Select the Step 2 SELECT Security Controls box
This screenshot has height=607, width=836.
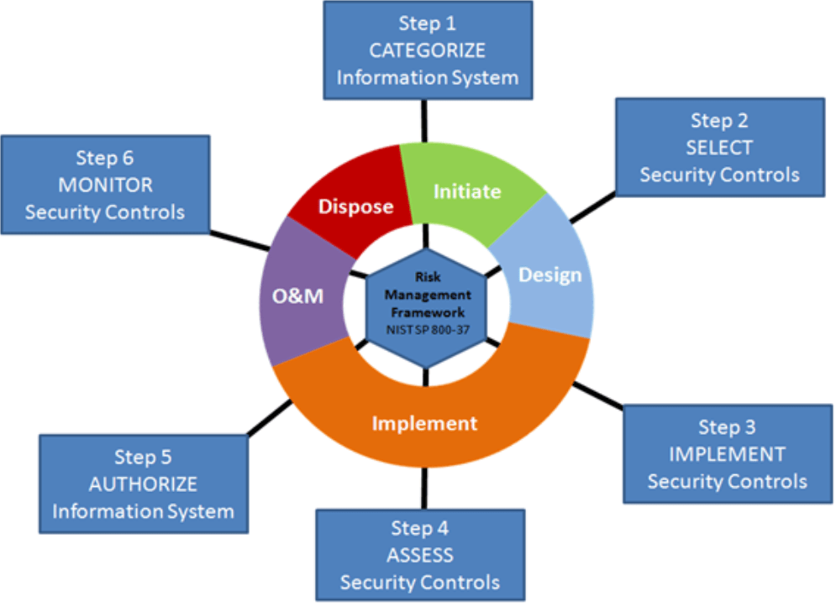coord(719,148)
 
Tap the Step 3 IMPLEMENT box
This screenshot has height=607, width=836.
coord(727,453)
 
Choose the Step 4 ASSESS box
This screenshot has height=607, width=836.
coord(420,555)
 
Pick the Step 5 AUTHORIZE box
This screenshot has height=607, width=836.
coord(144,484)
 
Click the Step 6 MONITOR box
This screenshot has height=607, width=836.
coord(105,185)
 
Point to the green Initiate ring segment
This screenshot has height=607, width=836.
coord(466,191)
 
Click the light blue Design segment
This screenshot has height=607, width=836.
coord(549,275)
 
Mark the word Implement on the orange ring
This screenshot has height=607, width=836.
coord(425,423)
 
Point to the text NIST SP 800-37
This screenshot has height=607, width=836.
coord(427,330)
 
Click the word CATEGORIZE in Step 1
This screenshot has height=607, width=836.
coord(427,50)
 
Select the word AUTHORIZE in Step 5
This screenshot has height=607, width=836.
coord(144,484)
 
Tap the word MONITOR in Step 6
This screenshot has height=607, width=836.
coord(105,185)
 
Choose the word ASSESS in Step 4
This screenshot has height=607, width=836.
coord(420,555)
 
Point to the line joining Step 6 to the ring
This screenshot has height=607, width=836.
coord(239,240)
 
